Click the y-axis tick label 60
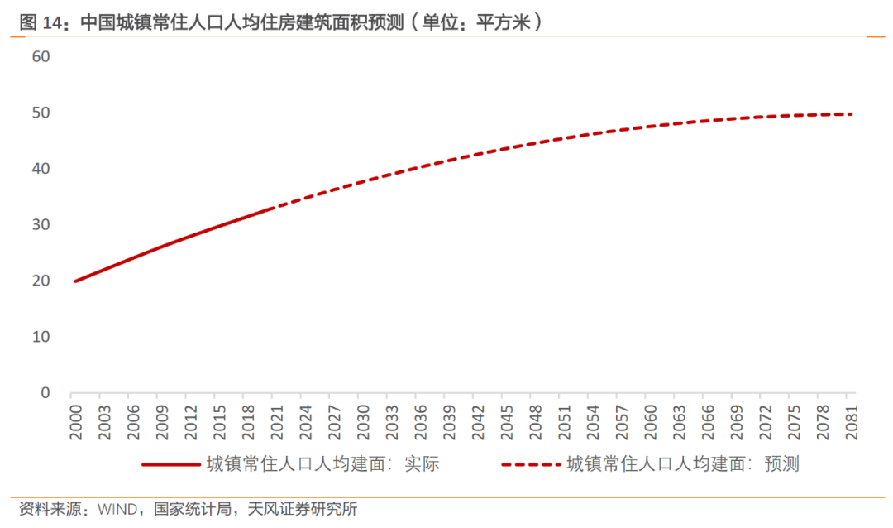[x=41, y=56]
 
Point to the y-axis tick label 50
[x=41, y=113]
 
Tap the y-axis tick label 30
[x=41, y=224]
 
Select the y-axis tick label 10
[x=41, y=337]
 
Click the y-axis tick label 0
[x=45, y=392]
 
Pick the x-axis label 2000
[x=75, y=420]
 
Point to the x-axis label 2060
[x=649, y=420]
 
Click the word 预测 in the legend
[x=781, y=464]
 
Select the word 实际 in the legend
[x=421, y=464]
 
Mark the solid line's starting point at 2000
[x=75, y=281]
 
